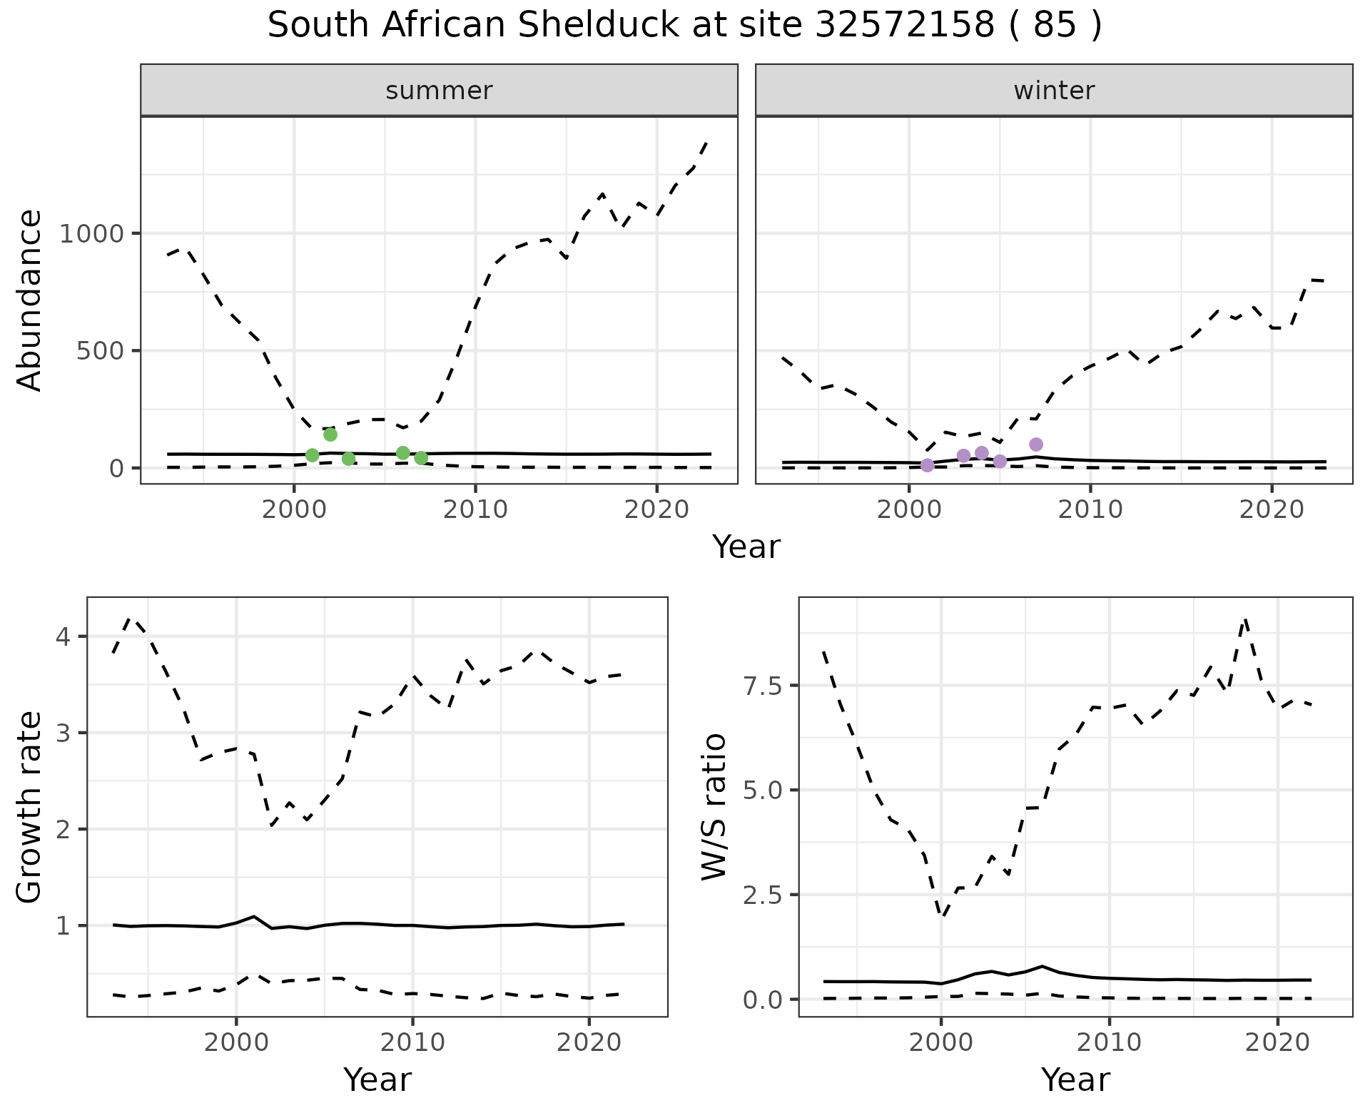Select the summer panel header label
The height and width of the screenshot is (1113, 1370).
coord(439,91)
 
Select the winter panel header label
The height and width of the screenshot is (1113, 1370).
coord(1054,91)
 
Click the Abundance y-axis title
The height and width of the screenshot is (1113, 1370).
coord(29,300)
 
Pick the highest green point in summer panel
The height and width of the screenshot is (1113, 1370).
coord(330,434)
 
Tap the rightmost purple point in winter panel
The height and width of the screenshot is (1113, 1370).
coord(1036,444)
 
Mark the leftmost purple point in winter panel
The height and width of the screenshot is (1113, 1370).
coord(927,465)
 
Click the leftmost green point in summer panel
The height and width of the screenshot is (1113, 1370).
coord(312,455)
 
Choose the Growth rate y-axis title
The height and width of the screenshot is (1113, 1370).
coord(29,808)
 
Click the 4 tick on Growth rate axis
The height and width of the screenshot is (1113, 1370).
coord(64,636)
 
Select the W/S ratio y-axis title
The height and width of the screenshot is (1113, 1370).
coord(714,808)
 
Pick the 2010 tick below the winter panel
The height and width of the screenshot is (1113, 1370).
coord(1090,509)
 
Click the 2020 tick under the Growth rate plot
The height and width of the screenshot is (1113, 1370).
coord(589,1042)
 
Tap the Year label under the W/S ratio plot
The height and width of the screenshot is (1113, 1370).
coord(1075,1080)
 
